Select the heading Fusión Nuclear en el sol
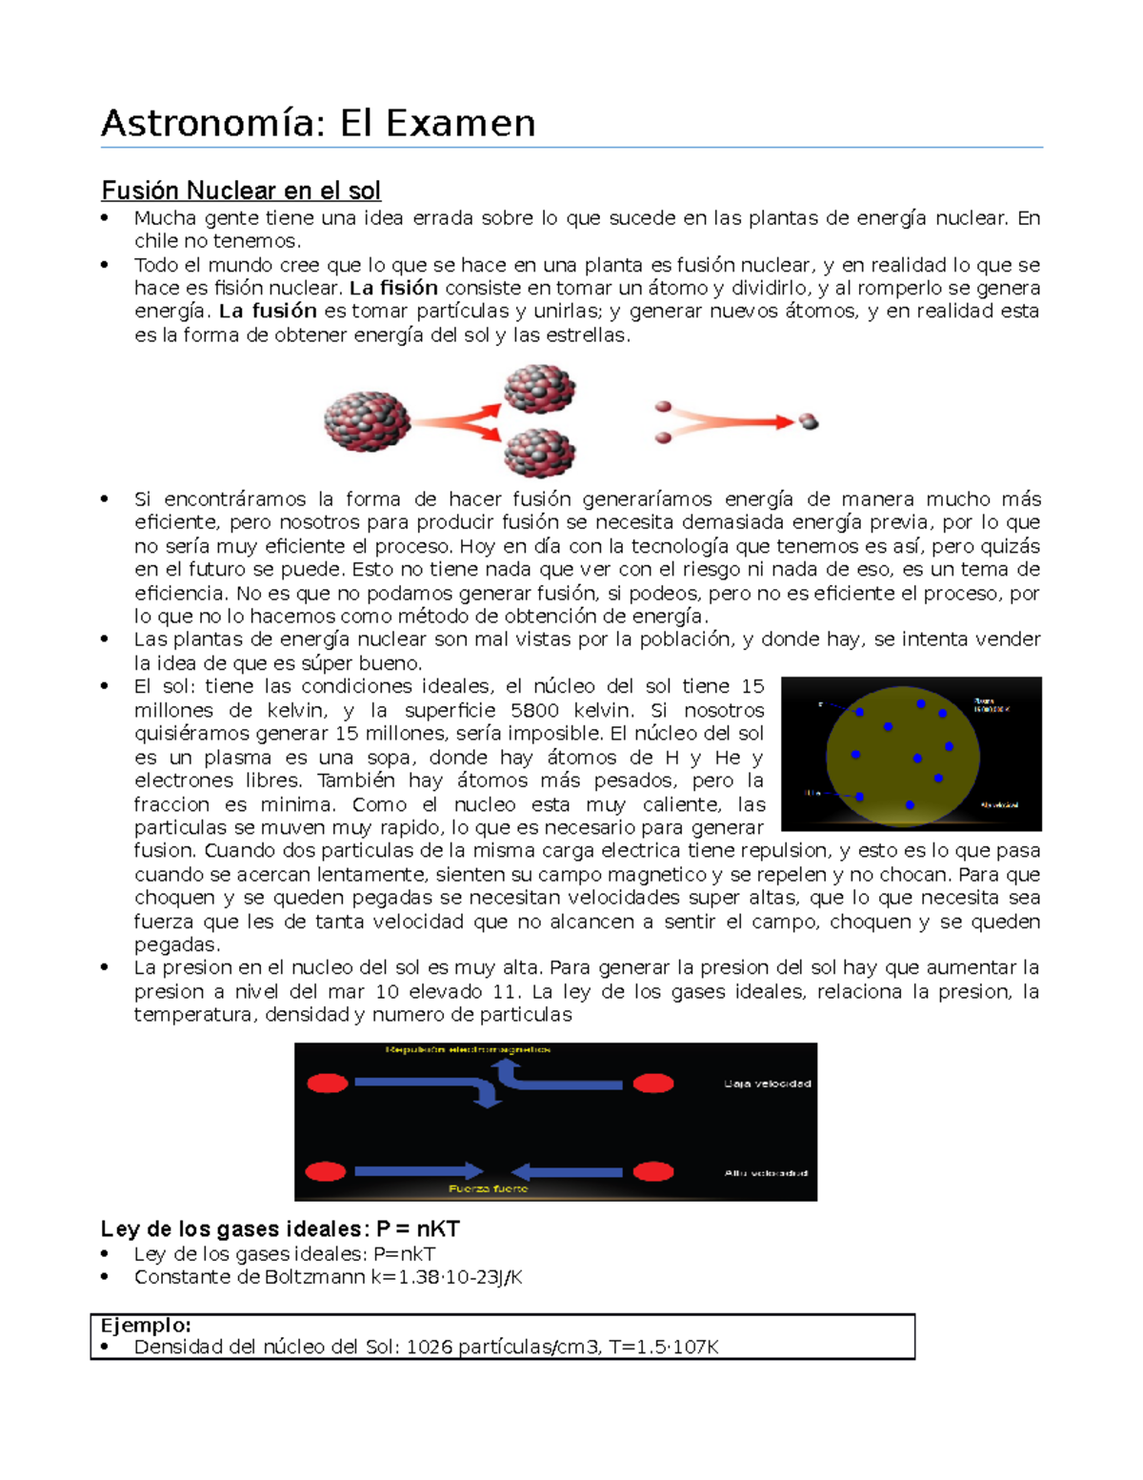point(241,191)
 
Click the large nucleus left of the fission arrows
point(367,421)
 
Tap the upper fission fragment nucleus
point(539,388)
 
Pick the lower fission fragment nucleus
point(539,452)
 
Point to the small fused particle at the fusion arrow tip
point(809,421)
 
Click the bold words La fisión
point(393,288)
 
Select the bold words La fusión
point(268,311)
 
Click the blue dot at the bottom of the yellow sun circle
point(910,805)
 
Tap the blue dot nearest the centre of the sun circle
point(916,759)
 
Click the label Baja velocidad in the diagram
point(767,1084)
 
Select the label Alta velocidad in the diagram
point(766,1172)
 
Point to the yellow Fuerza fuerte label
point(488,1188)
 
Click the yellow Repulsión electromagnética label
point(468,1049)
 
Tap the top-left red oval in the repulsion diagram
point(328,1084)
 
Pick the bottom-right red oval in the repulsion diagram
point(653,1171)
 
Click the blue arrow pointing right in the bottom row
point(418,1171)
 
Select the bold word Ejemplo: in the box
point(146,1325)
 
